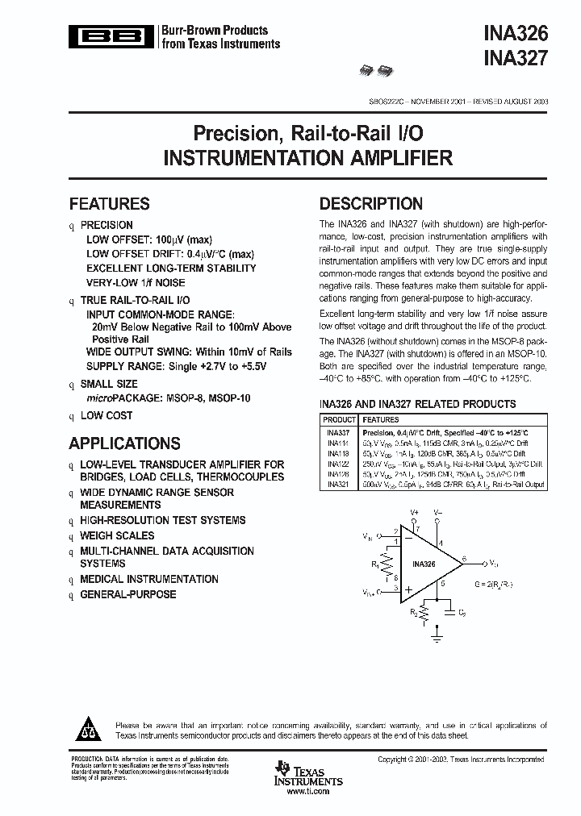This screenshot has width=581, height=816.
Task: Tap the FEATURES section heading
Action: click(109, 204)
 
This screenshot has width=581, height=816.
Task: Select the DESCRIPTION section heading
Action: click(370, 204)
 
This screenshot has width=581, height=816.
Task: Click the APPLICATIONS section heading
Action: click(124, 443)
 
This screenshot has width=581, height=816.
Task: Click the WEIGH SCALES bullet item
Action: click(117, 535)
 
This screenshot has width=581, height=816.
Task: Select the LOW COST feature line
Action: click(107, 415)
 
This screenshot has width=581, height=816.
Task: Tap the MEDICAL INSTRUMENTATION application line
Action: click(138, 579)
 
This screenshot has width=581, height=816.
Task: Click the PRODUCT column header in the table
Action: click(339, 420)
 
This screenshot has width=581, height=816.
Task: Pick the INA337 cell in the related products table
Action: click(338, 433)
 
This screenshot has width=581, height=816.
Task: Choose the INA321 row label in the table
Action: click(338, 485)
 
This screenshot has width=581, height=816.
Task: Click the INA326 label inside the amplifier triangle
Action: click(424, 563)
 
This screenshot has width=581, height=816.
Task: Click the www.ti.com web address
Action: click(309, 793)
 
